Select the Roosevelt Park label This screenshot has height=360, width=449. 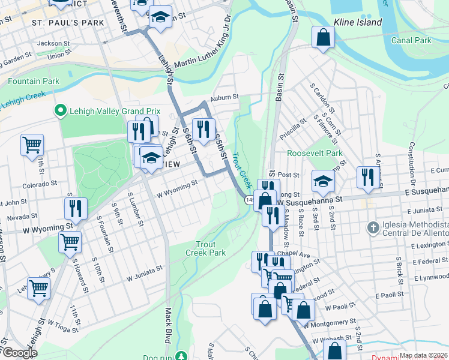click(x=315, y=153)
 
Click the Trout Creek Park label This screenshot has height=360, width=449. click(x=210, y=248)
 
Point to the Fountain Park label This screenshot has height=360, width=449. click(x=34, y=81)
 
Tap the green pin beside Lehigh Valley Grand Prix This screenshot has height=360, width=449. click(x=59, y=110)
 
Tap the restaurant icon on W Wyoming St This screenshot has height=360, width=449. click(x=76, y=208)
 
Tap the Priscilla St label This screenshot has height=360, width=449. click(x=293, y=127)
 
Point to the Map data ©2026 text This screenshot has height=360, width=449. click(x=423, y=355)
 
